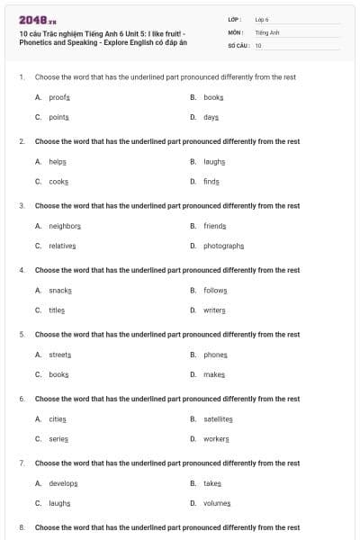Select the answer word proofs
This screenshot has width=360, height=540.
[59, 96]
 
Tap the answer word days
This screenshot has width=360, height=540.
[211, 117]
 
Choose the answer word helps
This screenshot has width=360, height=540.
[58, 161]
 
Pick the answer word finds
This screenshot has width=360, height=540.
[211, 181]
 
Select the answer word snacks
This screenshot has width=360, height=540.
[60, 290]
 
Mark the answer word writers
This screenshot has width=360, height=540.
[214, 310]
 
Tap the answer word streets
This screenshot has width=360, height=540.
[60, 355]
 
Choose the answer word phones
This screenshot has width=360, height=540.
[215, 355]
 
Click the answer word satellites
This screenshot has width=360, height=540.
[218, 418]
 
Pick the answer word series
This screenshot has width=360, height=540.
[58, 438]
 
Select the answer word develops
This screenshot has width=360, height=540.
[63, 483]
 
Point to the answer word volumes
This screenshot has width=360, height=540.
[217, 503]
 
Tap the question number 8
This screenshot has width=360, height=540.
[22, 526]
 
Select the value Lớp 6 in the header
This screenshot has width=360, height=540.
[262, 19]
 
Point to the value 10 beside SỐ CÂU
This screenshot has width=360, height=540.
[258, 44]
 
